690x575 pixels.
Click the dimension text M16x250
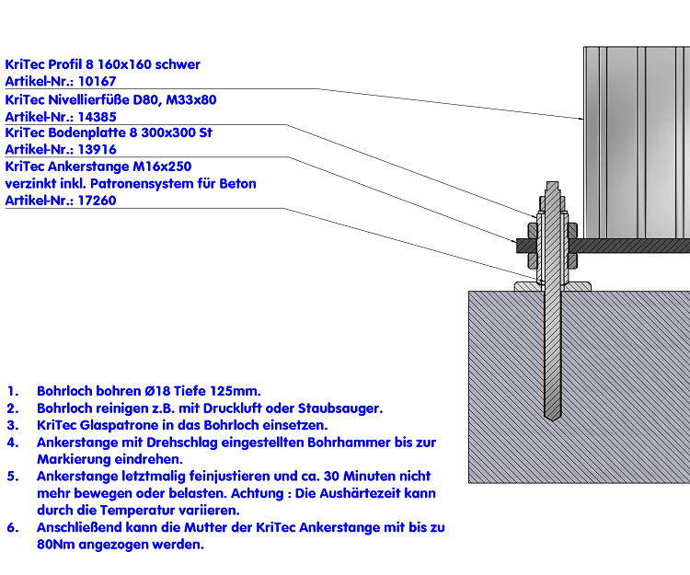162,167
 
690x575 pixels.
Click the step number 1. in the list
12,391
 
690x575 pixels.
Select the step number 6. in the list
12,528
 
